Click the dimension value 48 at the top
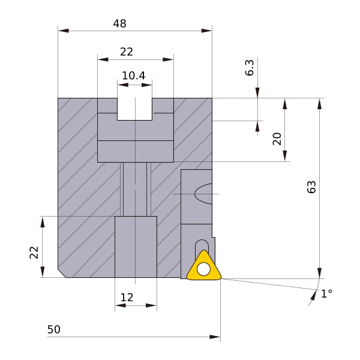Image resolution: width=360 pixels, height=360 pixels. coord(119,23)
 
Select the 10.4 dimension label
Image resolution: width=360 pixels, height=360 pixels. coord(133,76)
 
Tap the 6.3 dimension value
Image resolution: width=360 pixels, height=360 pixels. coord(250,67)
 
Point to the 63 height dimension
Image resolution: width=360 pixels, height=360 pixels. coord(311,187)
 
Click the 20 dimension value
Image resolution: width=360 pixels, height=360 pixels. coord(277,139)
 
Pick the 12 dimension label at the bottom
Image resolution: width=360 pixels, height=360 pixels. coord(127,298)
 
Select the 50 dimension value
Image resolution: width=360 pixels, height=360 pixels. coord(54,329)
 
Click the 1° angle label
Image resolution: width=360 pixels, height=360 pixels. coord(326,293)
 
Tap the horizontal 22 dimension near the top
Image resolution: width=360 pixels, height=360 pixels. coord(127,52)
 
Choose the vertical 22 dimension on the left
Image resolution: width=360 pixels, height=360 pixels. coord(34,253)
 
